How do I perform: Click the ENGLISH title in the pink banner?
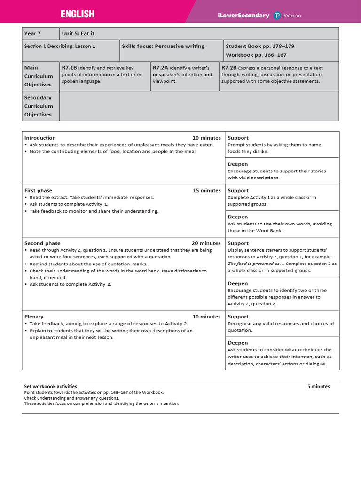[x=77, y=15]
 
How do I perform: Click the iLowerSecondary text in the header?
[x=243, y=16]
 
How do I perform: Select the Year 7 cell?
[x=32, y=34]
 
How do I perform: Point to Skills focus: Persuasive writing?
[x=163, y=46]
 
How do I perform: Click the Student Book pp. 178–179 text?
[x=260, y=46]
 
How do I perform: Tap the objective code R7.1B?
[x=69, y=68]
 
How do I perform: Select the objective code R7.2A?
[x=160, y=68]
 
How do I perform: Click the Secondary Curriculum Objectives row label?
[x=38, y=106]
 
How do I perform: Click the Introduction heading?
[x=40, y=138]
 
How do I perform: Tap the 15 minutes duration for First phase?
[x=206, y=191]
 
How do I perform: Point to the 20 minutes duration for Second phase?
[x=206, y=243]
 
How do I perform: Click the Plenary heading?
[x=34, y=317]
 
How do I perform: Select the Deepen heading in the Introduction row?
[x=238, y=164]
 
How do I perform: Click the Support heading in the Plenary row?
[x=238, y=317]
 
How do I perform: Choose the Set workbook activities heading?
[x=51, y=386]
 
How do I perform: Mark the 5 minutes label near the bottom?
[x=319, y=386]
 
